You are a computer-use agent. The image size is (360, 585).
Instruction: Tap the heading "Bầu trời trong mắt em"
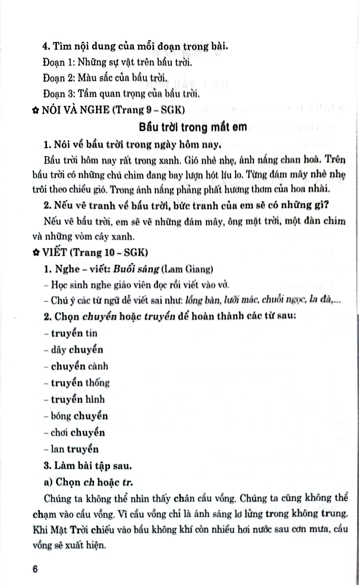[x=193, y=127]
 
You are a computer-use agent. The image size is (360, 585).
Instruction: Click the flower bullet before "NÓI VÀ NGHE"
[x=36, y=111]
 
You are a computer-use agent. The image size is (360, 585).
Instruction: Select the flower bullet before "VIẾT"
[x=36, y=253]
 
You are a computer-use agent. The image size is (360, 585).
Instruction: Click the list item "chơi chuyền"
[x=74, y=432]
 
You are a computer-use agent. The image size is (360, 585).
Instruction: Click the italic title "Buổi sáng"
[x=136, y=269]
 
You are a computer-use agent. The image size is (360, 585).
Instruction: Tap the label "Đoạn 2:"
[x=59, y=78]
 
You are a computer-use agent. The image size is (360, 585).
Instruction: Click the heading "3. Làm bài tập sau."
[x=88, y=466]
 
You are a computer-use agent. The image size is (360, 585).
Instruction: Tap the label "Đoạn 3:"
[x=59, y=94]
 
